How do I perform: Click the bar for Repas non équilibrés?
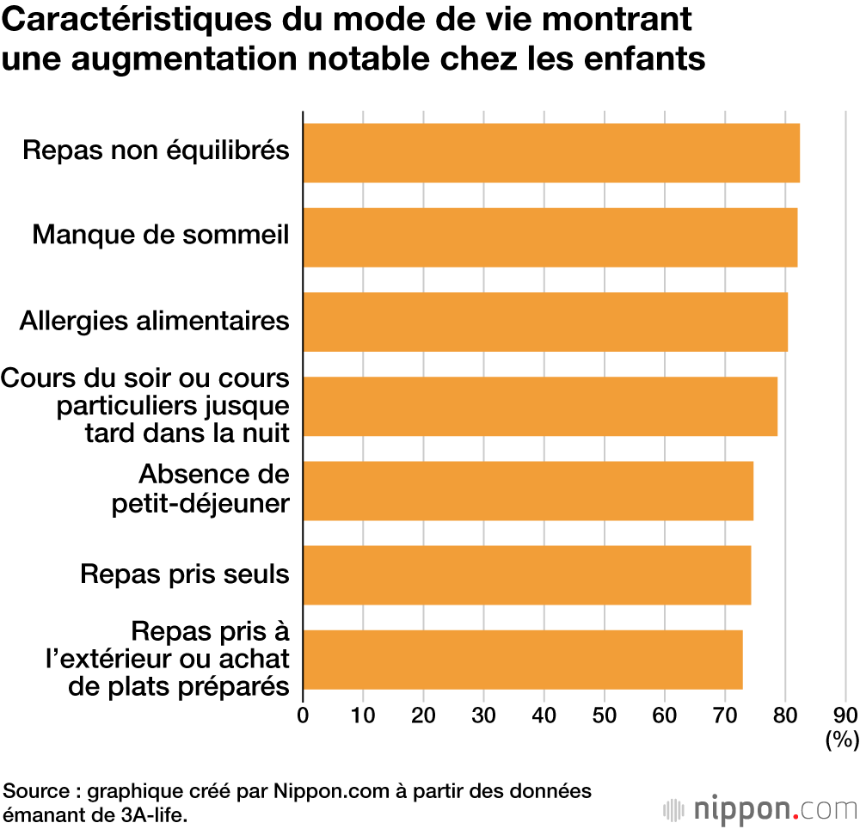pyautogui.click(x=550, y=153)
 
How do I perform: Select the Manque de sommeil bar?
pyautogui.click(x=550, y=237)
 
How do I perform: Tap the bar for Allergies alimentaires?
pyautogui.click(x=544, y=322)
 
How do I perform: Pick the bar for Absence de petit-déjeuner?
pyautogui.click(x=527, y=491)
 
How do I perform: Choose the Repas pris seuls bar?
pyautogui.click(x=526, y=575)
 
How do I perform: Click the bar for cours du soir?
pyautogui.click(x=539, y=406)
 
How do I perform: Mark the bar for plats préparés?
pyautogui.click(x=522, y=660)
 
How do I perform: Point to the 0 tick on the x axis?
pyautogui.click(x=303, y=715)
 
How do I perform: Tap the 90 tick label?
pyautogui.click(x=845, y=715)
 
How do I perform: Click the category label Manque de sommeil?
pyautogui.click(x=161, y=235)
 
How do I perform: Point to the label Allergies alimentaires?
pyautogui.click(x=154, y=321)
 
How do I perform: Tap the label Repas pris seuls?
pyautogui.click(x=184, y=574)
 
